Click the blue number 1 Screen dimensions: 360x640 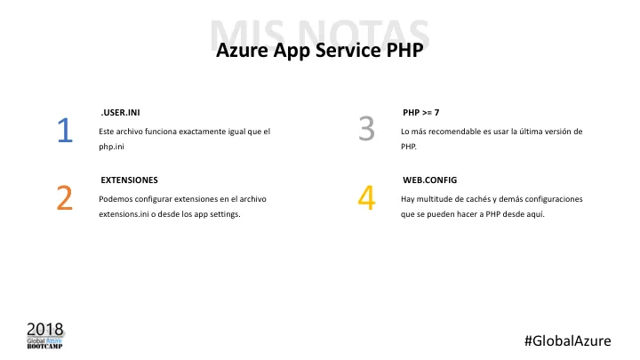tap(64, 131)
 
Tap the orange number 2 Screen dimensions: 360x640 tap(64, 197)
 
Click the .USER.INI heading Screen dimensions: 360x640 tap(120, 113)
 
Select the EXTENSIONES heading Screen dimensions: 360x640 tap(130, 180)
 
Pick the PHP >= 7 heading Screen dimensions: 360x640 tap(421, 113)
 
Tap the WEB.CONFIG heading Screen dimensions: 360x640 tap(429, 180)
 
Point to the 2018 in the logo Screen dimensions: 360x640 tap(44, 327)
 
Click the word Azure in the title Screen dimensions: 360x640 tap(244, 52)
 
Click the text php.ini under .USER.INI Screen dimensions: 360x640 tap(112, 148)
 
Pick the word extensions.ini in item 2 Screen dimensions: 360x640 tap(124, 215)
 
